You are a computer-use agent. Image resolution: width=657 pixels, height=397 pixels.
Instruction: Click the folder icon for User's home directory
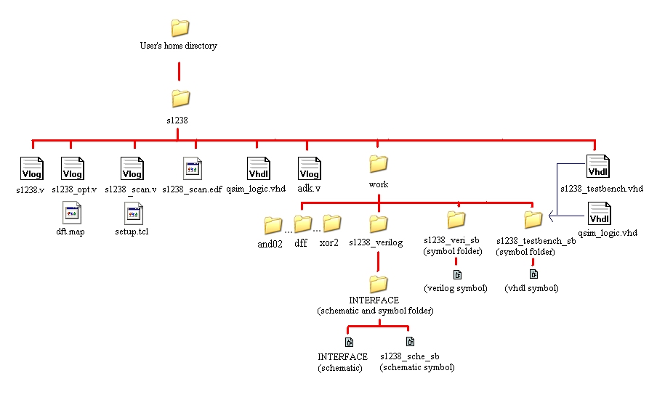180,28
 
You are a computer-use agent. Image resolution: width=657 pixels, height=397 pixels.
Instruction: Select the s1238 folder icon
180,98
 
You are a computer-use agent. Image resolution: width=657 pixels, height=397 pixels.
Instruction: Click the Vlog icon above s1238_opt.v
73,168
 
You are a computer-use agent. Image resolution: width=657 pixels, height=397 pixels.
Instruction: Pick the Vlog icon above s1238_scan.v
132,168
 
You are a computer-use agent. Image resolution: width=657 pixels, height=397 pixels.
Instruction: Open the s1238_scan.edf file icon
193,169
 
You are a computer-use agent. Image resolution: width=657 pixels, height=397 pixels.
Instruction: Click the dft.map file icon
71,214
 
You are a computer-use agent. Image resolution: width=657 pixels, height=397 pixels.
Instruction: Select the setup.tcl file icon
133,214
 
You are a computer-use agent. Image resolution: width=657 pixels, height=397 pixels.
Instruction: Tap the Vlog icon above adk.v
310,168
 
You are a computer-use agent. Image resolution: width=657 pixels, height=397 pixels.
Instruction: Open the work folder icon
378,163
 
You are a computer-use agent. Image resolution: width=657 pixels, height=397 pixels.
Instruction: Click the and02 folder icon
273,225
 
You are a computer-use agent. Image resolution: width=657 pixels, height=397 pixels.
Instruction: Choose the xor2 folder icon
332,223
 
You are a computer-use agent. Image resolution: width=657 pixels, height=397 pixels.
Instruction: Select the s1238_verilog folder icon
378,223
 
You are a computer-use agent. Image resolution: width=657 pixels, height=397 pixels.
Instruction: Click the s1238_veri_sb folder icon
456,218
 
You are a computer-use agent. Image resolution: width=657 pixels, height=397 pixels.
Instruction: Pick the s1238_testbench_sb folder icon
533,219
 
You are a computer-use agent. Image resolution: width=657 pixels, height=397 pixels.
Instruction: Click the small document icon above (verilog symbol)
457,274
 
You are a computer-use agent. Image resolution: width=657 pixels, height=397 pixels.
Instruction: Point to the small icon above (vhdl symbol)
533,274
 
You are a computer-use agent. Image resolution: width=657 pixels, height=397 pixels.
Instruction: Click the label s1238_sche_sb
409,356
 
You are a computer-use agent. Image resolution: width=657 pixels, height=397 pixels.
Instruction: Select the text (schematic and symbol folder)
375,311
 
